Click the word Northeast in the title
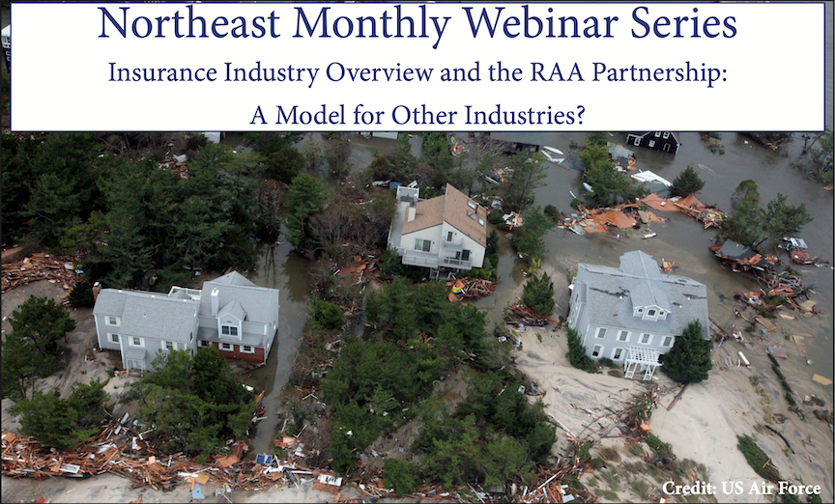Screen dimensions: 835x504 tap(188, 23)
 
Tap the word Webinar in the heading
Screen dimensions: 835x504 tap(540, 23)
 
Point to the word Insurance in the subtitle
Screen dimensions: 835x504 tap(162, 72)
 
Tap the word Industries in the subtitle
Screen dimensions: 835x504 tap(525, 114)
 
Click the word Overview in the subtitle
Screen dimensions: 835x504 tap(380, 72)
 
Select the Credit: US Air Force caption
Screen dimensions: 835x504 tap(741, 488)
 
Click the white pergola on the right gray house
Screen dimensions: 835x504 tap(643, 362)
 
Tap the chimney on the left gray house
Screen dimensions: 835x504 tap(215, 301)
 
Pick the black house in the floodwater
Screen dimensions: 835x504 tap(653, 142)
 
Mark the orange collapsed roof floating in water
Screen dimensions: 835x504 tap(613, 218)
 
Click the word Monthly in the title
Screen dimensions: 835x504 tap(372, 25)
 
